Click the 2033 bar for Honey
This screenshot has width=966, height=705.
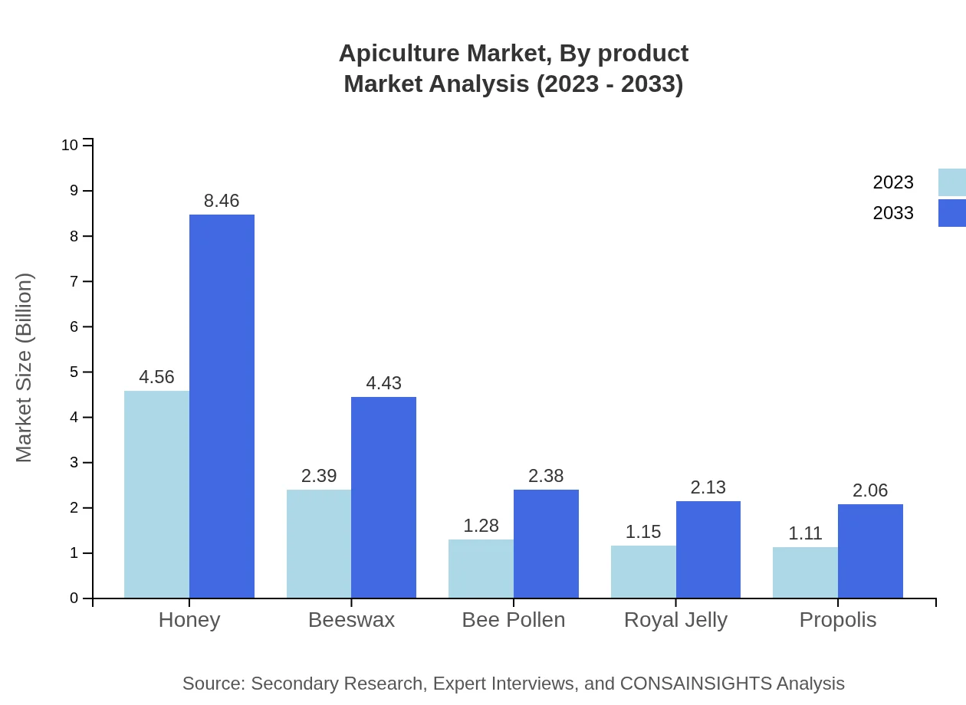tap(222, 406)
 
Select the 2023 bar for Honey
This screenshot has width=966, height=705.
tap(156, 494)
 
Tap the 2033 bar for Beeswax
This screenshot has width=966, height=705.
tap(383, 497)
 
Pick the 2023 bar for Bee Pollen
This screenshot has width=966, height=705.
tap(481, 569)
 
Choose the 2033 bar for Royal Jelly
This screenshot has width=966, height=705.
tap(708, 549)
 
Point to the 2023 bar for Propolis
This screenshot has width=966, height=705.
tap(805, 572)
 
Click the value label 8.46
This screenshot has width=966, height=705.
tap(222, 201)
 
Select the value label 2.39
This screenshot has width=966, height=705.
tap(319, 476)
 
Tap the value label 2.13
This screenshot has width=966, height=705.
tap(708, 487)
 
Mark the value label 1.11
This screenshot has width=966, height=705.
tap(805, 533)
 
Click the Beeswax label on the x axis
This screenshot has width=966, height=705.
tap(351, 620)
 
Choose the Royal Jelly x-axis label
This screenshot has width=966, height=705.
tap(675, 620)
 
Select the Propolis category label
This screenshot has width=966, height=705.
tap(838, 620)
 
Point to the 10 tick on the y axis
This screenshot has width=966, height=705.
tap(70, 145)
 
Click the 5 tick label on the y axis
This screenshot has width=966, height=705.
tap(74, 372)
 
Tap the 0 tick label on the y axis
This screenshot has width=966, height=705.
tap(74, 598)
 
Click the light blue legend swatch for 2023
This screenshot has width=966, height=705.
tap(951, 182)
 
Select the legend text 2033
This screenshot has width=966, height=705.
tap(893, 213)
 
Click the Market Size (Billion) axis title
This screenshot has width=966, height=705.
tap(25, 368)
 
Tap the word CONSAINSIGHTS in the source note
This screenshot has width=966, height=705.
tap(695, 684)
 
